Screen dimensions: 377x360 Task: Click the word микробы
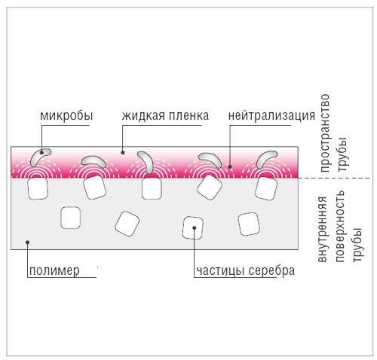pos(66,116)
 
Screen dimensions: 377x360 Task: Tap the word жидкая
pos(143,115)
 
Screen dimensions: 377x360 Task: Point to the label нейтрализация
pos(271,116)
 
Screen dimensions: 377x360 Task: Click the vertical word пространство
pos(325,133)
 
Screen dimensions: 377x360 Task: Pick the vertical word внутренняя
pos(323,229)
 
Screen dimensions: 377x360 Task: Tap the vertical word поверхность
pos(340,226)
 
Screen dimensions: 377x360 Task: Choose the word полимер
pos(54,271)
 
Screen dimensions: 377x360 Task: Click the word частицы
pos(220,271)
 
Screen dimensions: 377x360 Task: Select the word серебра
pos(271,270)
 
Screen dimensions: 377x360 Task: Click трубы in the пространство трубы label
pos(343,154)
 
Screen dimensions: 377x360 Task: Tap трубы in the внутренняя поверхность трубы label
pos(357,245)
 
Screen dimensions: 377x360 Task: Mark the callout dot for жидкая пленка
pos(123,152)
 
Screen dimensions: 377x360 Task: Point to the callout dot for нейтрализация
pos(230,166)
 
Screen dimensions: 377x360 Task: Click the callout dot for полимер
pos(28,242)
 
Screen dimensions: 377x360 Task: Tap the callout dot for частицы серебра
pos(194,227)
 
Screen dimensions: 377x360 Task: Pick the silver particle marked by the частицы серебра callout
pos(193,227)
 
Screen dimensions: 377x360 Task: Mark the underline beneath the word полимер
pos(62,277)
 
